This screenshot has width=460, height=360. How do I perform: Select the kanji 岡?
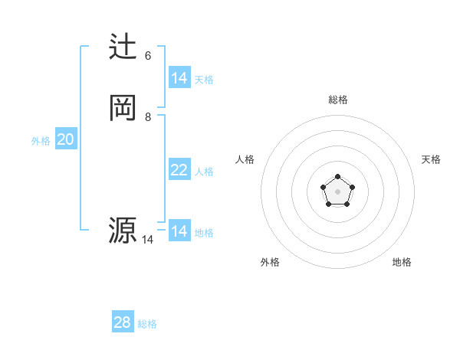coord(123,108)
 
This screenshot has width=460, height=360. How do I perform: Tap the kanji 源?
coord(123,231)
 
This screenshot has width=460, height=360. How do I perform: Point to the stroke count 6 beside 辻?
coord(148,56)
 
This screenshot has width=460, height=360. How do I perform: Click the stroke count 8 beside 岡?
coord(148,117)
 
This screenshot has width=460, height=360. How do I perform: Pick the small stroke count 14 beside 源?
coord(147,240)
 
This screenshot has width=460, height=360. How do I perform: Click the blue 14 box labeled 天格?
coord(179,78)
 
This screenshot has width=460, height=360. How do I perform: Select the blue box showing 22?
coord(179,170)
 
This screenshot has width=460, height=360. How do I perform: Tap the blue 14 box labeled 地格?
coord(179,231)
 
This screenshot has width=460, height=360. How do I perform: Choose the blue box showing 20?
coord(66,139)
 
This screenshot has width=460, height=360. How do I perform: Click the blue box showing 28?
coord(123,322)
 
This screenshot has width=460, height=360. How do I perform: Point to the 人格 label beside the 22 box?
coord(205,171)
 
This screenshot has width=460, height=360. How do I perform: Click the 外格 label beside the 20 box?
coord(41,141)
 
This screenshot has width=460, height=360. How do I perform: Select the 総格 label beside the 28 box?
coord(147,324)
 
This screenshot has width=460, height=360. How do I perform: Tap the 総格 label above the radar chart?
coord(338,100)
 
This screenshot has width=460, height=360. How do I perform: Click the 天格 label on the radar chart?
coord(431,159)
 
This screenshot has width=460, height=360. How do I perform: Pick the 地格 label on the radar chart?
coord(402,262)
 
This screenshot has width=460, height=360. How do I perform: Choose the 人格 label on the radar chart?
coord(245,159)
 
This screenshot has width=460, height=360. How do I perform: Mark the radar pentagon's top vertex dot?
coord(338,177)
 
